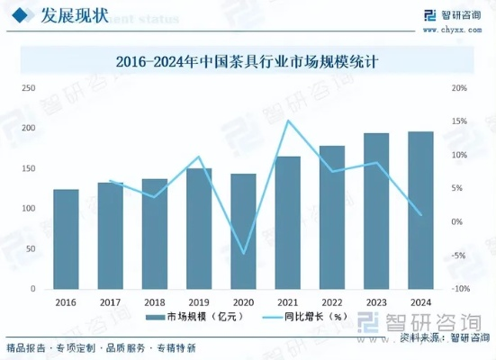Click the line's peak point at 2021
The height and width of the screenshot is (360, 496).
288,121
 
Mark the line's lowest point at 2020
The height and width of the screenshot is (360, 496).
243,254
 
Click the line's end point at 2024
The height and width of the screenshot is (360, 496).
420,215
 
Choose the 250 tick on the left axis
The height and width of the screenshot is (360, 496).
29,88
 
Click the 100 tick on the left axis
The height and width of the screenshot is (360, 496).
29,209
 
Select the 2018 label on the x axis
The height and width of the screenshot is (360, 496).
154,302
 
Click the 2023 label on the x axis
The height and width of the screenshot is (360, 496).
376,302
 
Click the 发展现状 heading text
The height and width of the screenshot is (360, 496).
73,15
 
